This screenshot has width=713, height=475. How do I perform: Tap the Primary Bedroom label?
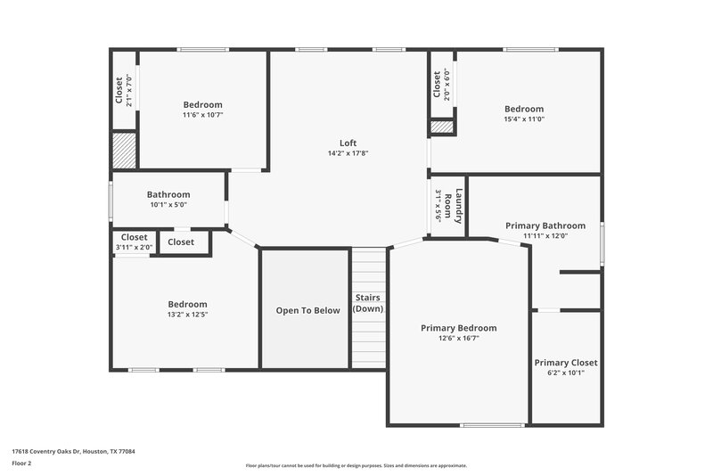[458, 328]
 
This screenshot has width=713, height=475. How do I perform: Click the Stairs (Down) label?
[368, 303]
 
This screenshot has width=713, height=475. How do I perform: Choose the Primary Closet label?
[566, 363]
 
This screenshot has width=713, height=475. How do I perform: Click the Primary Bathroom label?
[545, 225]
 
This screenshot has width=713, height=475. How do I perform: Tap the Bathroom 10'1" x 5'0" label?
[168, 194]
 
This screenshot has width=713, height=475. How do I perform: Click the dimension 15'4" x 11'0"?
[524, 119]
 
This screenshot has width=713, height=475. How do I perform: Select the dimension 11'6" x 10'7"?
[203, 115]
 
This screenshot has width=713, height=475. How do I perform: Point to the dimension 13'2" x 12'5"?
[187, 315]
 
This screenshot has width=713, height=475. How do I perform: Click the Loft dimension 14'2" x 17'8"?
[348, 153]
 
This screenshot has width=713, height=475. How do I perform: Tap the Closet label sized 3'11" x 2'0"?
[134, 237]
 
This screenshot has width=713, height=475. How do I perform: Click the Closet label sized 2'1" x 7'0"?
[119, 90]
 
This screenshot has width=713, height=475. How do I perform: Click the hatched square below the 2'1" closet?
[125, 151]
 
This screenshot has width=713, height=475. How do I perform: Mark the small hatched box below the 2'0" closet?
[442, 127]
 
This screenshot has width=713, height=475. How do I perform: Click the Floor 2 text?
[21, 464]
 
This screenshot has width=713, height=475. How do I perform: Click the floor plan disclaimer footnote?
[356, 465]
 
